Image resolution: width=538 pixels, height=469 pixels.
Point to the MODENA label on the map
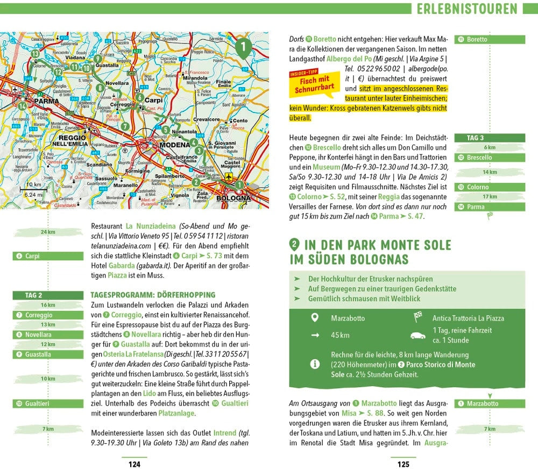(x=172, y=146)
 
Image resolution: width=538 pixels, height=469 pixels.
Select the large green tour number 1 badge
(x=243, y=48)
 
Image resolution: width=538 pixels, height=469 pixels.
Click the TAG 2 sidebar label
(x=48, y=295)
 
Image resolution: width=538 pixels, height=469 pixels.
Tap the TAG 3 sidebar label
(x=490, y=138)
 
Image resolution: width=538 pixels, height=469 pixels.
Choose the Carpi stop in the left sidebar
(x=48, y=256)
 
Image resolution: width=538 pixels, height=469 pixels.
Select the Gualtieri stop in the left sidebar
(x=48, y=403)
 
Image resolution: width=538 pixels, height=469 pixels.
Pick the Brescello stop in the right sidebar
(x=490, y=158)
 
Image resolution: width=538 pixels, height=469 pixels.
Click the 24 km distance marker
(x=48, y=232)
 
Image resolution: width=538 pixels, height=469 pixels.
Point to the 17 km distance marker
(x=490, y=197)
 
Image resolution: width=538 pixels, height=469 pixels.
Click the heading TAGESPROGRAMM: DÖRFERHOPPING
(x=153, y=295)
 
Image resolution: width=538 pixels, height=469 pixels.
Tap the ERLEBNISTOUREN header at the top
(x=466, y=9)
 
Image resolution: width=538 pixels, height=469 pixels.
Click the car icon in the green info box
(x=417, y=335)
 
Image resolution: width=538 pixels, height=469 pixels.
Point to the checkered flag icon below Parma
(x=490, y=216)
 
